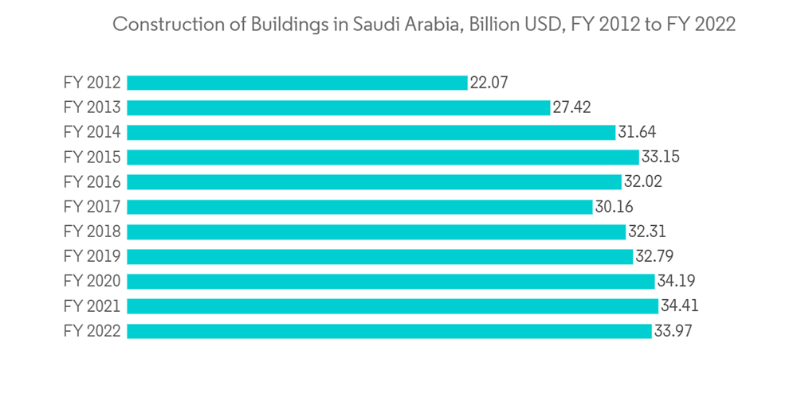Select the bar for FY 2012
pyautogui.click(x=296, y=83)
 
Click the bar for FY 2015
pyautogui.click(x=383, y=158)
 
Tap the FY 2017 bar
pyautogui.click(x=359, y=207)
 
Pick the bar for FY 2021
pyautogui.click(x=392, y=306)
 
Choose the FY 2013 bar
pyautogui.click(x=338, y=107)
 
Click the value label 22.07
pyautogui.click(x=489, y=83)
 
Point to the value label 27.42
pyautogui.click(x=571, y=107)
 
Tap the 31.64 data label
pyautogui.click(x=637, y=132)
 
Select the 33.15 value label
pyautogui.click(x=660, y=158)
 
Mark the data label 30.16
pyautogui.click(x=614, y=207)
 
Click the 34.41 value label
pyautogui.click(x=680, y=306)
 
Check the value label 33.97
pyautogui.click(x=673, y=331)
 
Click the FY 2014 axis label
pyautogui.click(x=92, y=132)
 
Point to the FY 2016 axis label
pyautogui.click(x=92, y=182)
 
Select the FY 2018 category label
pyautogui.click(x=92, y=232)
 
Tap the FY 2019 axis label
pyautogui.click(x=92, y=256)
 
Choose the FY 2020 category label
pyautogui.click(x=92, y=282)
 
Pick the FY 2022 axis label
pyautogui.click(x=92, y=331)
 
